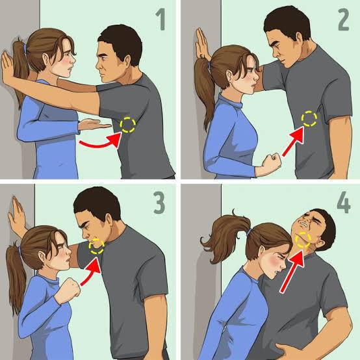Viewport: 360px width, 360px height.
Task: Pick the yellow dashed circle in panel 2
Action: pos(310,118)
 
